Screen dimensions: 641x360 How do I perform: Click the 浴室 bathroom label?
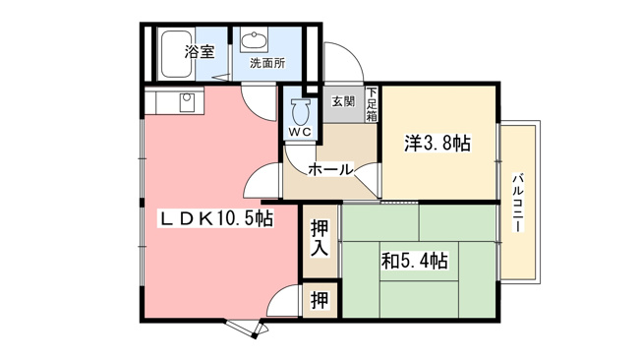pos(200,51)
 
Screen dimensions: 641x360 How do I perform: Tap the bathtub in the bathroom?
pos(176,54)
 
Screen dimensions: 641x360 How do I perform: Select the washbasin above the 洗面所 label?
pos(254,39)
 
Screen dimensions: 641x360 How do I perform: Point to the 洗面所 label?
pos(267,63)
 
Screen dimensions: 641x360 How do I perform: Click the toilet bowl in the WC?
pos(302,112)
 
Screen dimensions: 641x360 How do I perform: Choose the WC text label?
pos(301,132)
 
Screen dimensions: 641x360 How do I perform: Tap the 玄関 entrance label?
pos(343,101)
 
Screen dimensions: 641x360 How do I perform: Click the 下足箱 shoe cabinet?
pos(372,104)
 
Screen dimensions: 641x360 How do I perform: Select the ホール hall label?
pos(330,169)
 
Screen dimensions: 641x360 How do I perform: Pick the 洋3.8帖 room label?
pos(437,144)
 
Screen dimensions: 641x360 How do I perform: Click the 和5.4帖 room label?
pos(415,261)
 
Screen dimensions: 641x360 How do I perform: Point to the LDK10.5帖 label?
pos(215,218)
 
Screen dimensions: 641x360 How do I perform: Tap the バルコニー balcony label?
pos(518,203)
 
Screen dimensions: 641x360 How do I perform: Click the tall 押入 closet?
pos(320,241)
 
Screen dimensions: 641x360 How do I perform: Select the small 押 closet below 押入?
pos(320,300)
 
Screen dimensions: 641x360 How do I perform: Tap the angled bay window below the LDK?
pos(247,329)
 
